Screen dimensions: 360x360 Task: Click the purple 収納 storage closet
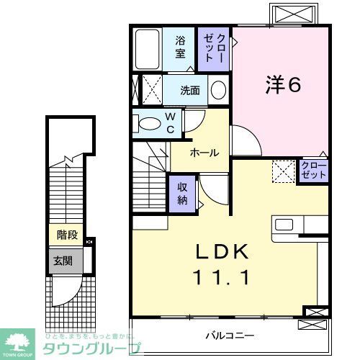[x=183, y=192]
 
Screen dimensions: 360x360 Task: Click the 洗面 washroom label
[x=190, y=91]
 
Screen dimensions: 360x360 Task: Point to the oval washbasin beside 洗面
[x=218, y=90]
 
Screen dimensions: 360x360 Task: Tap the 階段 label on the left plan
[x=67, y=235]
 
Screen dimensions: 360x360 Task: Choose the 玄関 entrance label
[x=62, y=260]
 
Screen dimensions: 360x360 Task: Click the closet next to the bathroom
[x=214, y=48]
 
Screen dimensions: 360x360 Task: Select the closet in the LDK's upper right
[x=314, y=171]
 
